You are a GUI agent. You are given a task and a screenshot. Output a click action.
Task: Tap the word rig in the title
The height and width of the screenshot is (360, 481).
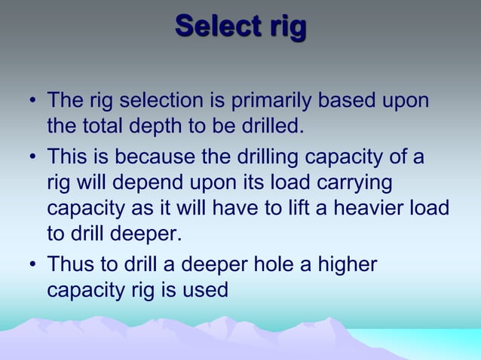[x=285, y=27]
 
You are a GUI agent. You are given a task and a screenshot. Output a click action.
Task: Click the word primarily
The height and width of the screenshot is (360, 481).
[x=284, y=100]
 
